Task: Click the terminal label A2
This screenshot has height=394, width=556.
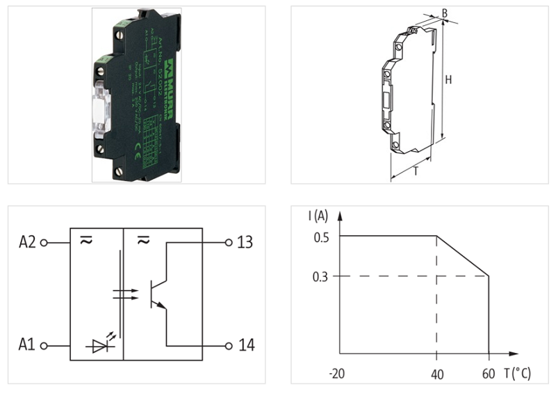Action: coord(27,243)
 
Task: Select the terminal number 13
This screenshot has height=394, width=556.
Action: coord(245,243)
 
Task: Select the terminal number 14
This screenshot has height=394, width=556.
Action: coord(245,345)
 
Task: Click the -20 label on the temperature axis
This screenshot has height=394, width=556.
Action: coord(337,374)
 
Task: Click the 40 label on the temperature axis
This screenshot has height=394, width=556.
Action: coord(436,374)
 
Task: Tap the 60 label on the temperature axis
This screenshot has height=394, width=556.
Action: coord(489,374)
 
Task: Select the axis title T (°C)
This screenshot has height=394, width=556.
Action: coord(518,374)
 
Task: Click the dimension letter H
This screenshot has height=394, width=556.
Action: coord(448,80)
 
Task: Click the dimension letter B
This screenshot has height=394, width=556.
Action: coord(444,13)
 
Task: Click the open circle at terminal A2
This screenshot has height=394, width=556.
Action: coord(44,243)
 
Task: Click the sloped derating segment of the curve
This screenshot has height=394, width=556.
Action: coord(463,256)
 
